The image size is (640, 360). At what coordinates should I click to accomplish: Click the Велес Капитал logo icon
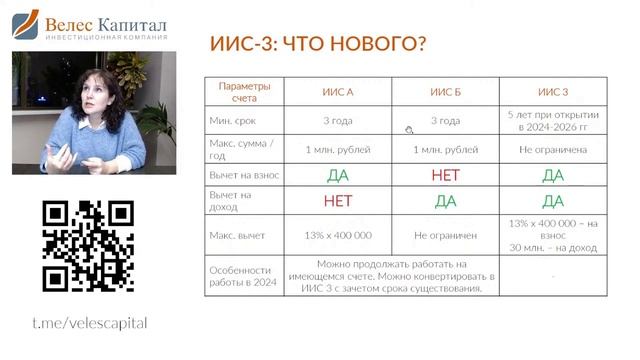25,25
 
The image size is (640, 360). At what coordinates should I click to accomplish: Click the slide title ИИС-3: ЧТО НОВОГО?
319,46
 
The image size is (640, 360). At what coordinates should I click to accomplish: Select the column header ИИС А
337,92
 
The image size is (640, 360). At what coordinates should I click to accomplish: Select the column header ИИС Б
445,92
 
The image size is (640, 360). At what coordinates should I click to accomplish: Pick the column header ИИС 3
553,92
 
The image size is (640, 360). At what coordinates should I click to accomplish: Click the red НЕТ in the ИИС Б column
445,175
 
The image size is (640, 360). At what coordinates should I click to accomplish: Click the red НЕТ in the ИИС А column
337,201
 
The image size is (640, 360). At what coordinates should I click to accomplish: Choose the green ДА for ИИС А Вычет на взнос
337,175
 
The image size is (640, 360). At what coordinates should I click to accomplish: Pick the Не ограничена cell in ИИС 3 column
553,149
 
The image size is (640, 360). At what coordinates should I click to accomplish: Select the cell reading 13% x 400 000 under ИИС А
337,235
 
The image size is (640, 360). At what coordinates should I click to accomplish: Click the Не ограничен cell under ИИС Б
445,235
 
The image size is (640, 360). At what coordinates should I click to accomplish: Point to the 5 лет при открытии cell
553,121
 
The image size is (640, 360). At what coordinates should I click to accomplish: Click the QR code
88,245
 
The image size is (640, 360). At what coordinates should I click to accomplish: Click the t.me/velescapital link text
89,323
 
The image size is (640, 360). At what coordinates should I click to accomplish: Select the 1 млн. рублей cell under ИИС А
337,149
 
